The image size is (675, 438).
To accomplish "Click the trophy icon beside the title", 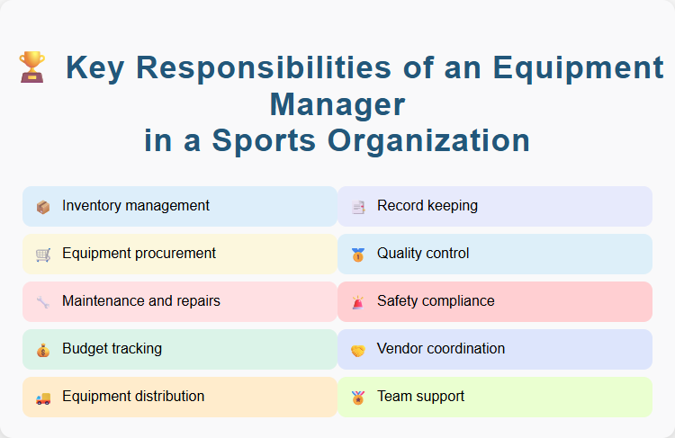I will tap(31, 67).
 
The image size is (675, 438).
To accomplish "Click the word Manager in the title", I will tap(337, 104).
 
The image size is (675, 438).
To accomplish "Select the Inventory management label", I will tap(136, 206).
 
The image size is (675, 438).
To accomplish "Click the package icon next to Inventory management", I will tap(43, 207).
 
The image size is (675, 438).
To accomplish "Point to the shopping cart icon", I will tap(43, 255).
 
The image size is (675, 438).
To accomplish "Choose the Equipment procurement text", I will tap(139, 254).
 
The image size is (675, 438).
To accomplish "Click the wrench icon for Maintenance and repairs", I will tap(43, 302).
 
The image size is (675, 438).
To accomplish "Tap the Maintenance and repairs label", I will tap(141, 301).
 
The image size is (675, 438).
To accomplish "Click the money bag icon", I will tap(43, 350).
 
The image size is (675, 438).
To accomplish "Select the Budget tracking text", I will tap(112, 349).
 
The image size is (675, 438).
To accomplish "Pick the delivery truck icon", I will tap(43, 398).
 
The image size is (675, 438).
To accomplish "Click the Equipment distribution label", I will tap(133, 397).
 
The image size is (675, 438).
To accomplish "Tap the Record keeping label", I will tap(427, 206).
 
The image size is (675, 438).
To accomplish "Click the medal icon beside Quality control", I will tap(358, 255).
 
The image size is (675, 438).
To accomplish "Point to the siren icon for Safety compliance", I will tap(358, 302).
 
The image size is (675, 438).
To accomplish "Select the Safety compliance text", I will tap(436, 301).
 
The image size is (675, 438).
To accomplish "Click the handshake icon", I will tap(358, 350).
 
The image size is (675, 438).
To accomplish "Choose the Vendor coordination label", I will tap(441, 349).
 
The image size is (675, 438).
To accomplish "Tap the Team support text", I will tap(421, 397).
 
